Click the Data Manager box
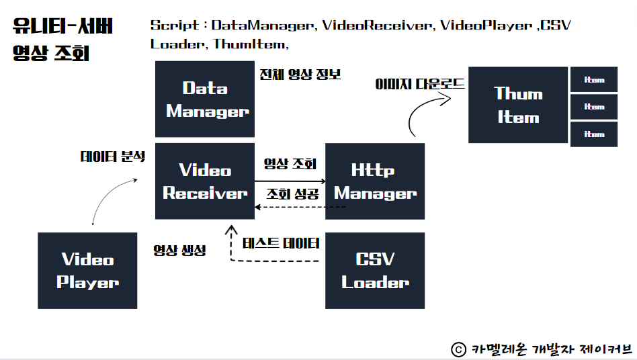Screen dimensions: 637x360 tap(205, 99)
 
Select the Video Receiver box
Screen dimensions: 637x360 tap(205, 181)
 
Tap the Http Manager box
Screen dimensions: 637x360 tap(375, 181)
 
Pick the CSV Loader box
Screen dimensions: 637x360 tap(375, 271)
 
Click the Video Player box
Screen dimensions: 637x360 tap(87, 271)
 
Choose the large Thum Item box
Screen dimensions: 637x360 tap(518, 105)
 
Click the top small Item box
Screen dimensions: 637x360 tap(594, 80)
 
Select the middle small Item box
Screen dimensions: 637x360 tap(594, 107)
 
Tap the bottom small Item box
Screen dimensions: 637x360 tap(594, 134)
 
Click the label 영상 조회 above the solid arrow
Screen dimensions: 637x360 tap(290, 163)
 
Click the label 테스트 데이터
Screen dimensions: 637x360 tap(281, 242)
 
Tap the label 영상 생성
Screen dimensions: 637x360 tap(179, 250)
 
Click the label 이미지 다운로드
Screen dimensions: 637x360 tap(420, 85)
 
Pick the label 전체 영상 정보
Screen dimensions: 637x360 tap(300, 74)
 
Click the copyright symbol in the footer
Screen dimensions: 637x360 tap(458, 349)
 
